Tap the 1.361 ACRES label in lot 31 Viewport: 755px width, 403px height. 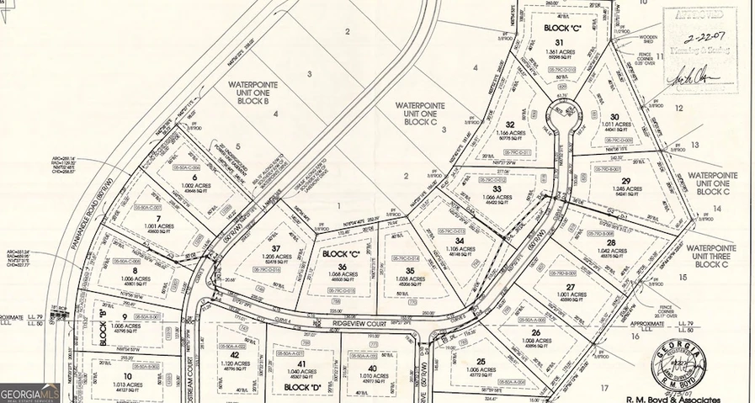(x=557, y=52)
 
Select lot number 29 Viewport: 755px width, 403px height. (x=625, y=180)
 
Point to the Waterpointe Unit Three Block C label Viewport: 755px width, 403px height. (x=711, y=257)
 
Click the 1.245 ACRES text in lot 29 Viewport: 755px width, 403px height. (x=625, y=189)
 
